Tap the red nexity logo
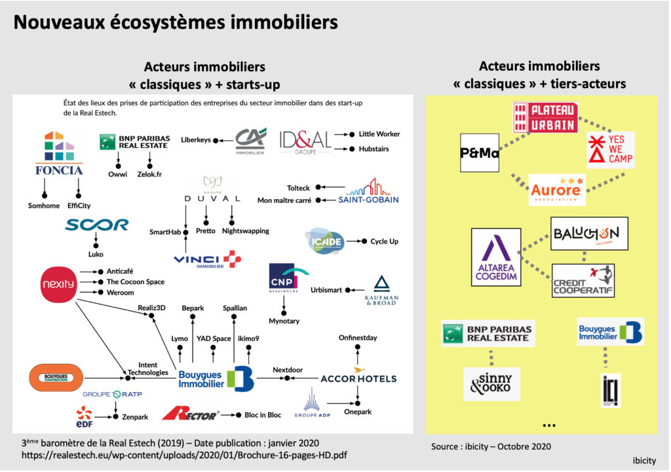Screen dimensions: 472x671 click(60, 284)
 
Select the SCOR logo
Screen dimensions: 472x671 click(96, 225)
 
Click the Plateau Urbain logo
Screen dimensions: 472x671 click(545, 118)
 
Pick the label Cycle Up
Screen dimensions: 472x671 click(384, 242)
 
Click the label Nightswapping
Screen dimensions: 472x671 click(246, 231)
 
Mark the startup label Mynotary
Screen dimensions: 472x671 click(284, 321)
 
